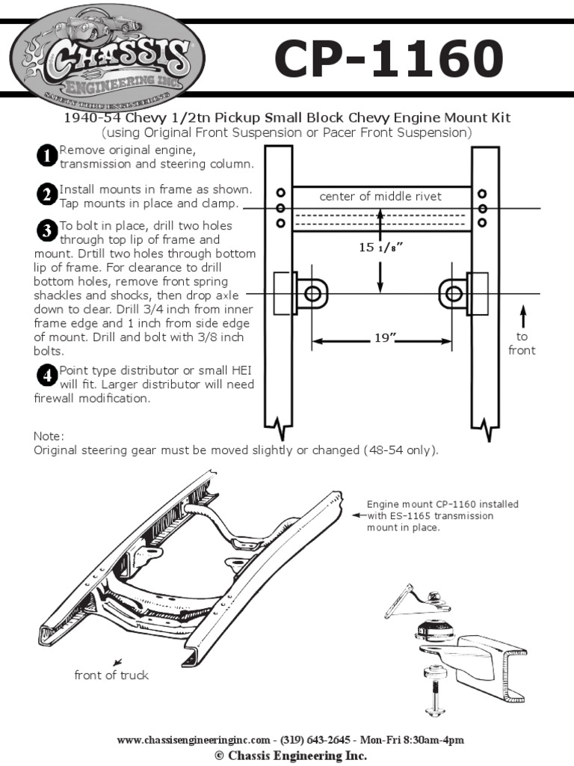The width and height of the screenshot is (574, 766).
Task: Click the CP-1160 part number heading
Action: pos(388,59)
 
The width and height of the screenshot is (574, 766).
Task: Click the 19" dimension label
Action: pos(382,339)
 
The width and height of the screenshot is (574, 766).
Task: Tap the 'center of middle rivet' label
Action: pos(380,197)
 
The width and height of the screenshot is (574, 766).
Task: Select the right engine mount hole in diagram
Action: pos(453,293)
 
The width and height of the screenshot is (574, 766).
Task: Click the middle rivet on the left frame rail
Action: pos(280,208)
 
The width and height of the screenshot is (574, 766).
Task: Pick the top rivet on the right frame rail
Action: pos(483,193)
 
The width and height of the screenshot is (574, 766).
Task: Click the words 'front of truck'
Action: pos(111,675)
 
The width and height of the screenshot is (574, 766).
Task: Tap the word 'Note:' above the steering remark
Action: pos(49,436)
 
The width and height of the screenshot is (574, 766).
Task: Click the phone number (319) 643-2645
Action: pos(315,740)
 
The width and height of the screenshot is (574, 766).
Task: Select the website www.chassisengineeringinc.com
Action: pos(193,740)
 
